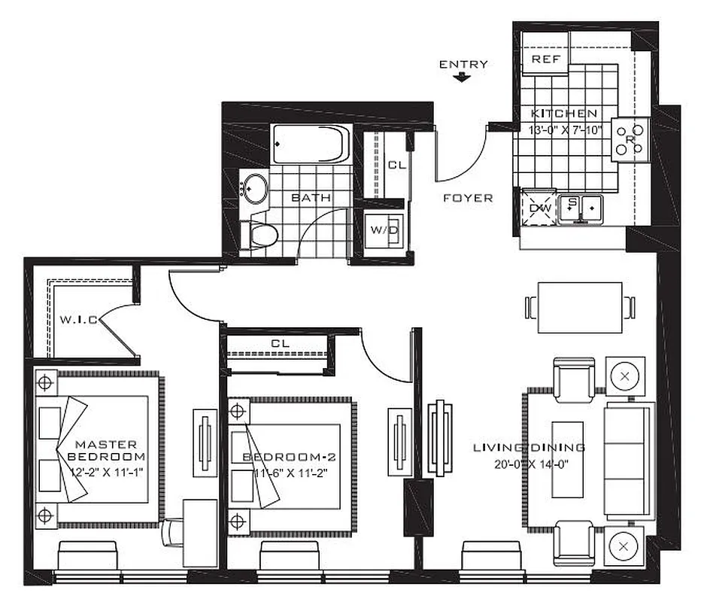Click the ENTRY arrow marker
pos(463,78)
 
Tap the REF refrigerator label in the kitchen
pos(542,59)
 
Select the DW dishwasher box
pos(537,207)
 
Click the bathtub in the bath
pos(311,143)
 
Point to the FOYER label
pos(468,199)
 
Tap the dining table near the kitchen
pos(580,307)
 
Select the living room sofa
pos(629,462)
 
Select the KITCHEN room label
pos(564,114)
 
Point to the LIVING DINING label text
pos(529,448)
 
